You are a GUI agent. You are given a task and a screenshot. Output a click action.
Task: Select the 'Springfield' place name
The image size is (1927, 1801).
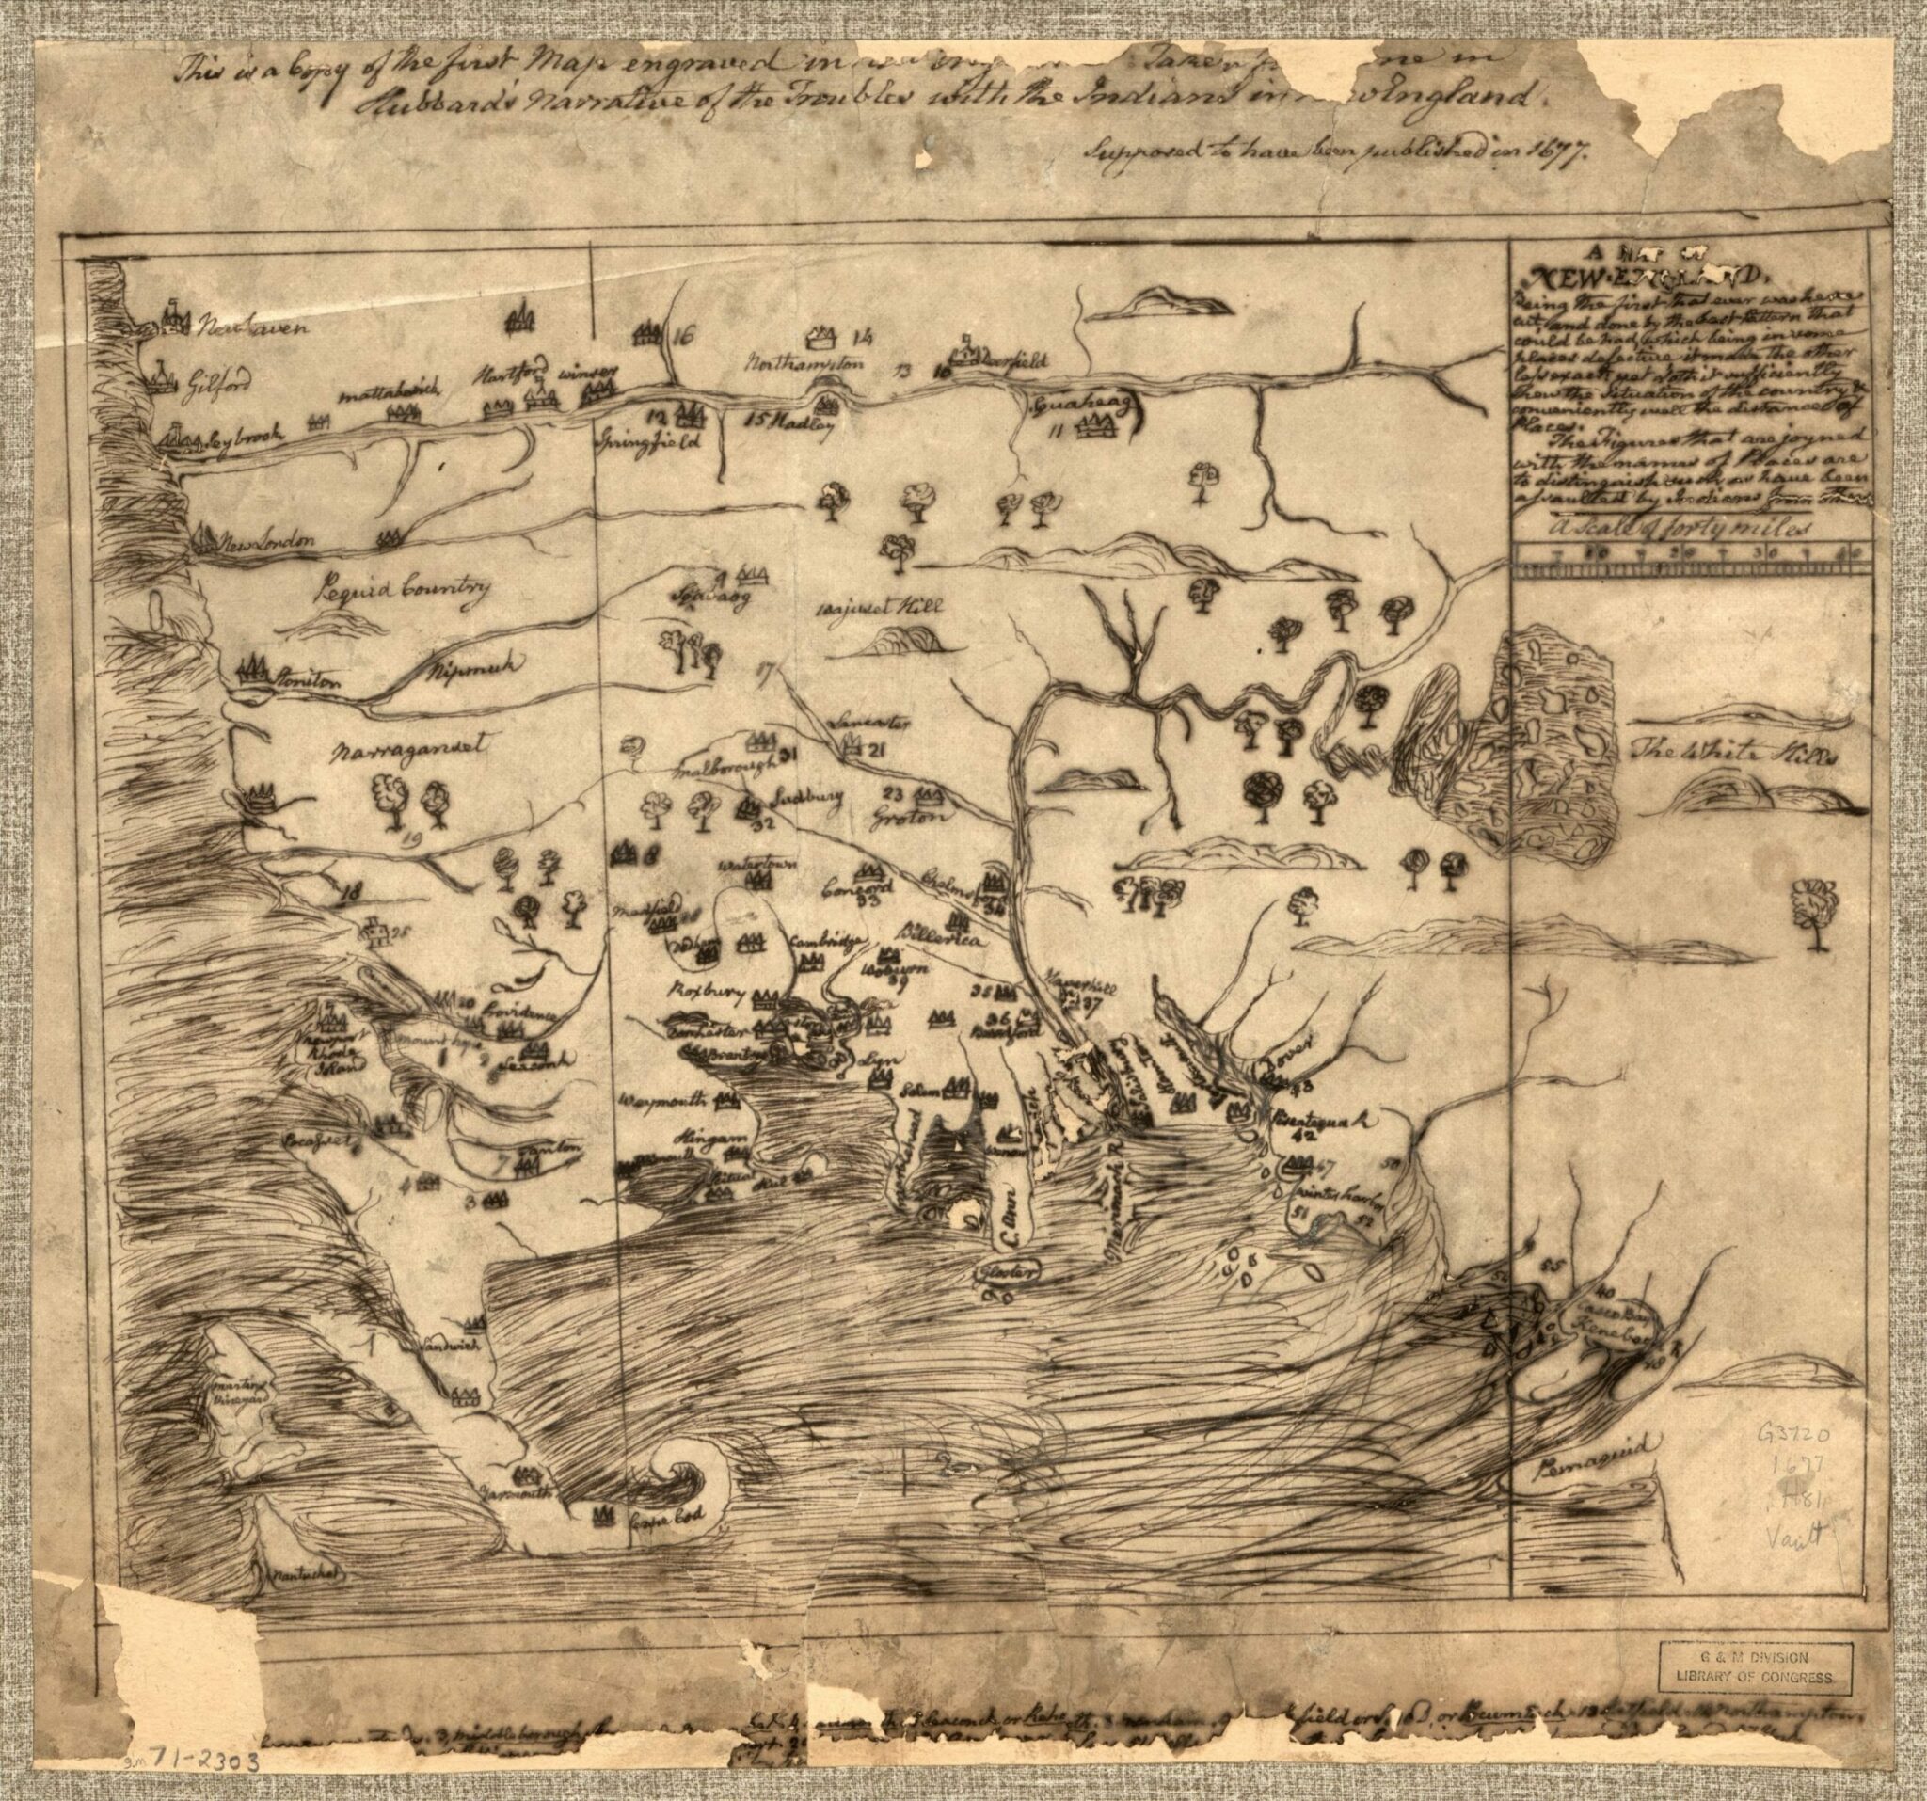642,441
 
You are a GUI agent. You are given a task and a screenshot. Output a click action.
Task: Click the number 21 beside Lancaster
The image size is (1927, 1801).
877,750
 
